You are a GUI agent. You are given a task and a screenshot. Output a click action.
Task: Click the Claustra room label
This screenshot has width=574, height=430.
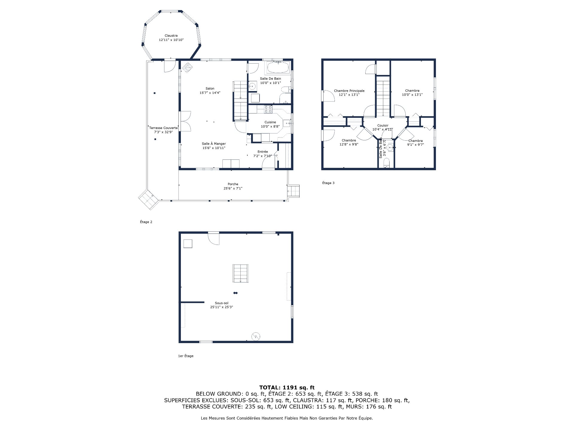[171, 36]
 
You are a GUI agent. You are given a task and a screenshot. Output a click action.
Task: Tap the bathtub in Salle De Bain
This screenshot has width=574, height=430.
[278, 67]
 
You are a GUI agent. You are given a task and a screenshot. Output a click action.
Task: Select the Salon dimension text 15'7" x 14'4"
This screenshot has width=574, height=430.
[210, 93]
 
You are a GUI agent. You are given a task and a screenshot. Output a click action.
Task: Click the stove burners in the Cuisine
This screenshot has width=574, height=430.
[268, 109]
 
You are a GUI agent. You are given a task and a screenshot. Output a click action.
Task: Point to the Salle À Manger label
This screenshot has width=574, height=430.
[213, 144]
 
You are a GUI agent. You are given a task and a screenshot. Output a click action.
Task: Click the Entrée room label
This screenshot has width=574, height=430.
[262, 152]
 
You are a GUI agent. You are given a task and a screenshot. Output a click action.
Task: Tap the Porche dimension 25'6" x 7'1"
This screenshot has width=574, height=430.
[233, 188]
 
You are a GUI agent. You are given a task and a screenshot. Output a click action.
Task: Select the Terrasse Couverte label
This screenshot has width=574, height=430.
[163, 128]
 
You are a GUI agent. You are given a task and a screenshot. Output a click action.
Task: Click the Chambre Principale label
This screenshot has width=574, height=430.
[349, 91]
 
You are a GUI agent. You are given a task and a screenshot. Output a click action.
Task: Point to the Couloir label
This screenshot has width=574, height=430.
[382, 125]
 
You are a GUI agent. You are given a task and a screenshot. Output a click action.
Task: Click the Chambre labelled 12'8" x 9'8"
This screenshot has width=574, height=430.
[349, 140]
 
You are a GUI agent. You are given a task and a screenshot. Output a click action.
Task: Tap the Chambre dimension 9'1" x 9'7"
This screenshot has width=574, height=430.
[415, 145]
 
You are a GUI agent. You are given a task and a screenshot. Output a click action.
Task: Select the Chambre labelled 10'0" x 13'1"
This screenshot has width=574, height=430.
[412, 91]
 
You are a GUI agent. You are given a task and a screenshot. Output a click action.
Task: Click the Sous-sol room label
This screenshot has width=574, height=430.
[221, 303]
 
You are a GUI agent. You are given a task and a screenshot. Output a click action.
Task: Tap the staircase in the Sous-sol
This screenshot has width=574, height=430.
[240, 273]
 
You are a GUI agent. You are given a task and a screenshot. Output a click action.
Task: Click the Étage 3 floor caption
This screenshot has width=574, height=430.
[328, 183]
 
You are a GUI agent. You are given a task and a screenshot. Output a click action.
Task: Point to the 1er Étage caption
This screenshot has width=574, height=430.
[186, 356]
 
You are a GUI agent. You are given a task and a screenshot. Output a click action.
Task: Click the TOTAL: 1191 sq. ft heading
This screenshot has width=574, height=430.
[287, 388]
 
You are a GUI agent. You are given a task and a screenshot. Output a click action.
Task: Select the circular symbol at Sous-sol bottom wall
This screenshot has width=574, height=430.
[256, 337]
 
